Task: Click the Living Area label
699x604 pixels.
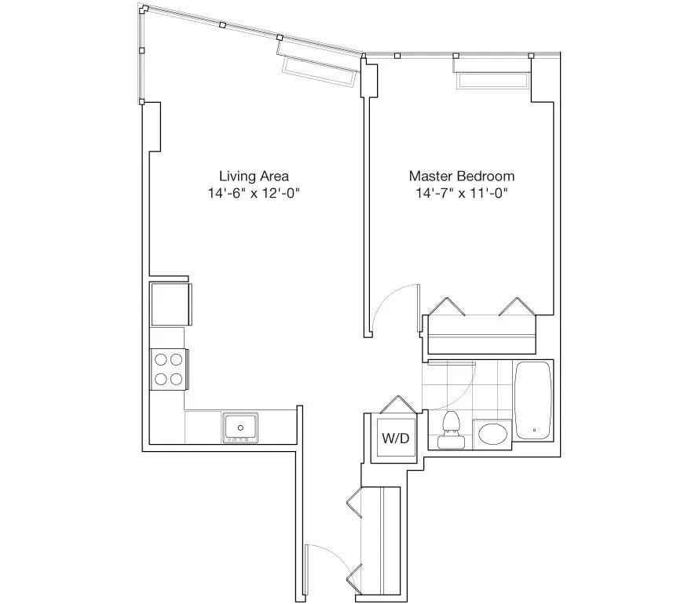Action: tap(248, 176)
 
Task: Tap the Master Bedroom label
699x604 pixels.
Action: tap(462, 176)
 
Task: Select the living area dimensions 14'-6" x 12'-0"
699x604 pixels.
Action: tap(248, 193)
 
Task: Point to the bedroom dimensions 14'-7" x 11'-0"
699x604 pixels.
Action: tap(462, 193)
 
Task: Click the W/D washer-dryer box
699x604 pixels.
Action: tap(395, 438)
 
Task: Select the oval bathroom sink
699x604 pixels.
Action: tap(492, 434)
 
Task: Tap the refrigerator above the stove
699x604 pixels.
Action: tap(170, 304)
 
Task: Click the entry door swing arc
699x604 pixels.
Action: tap(328, 559)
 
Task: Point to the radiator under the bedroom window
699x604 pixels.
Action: tap(492, 81)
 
